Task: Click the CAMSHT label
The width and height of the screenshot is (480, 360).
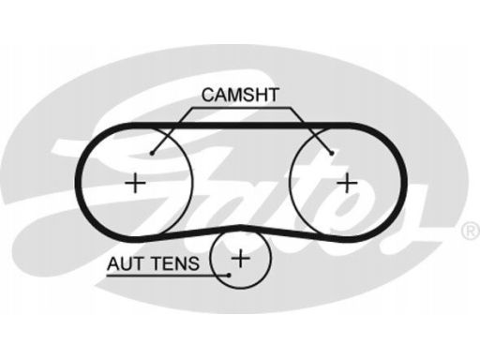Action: tap(238, 95)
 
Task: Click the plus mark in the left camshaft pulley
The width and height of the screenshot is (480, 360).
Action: tap(137, 180)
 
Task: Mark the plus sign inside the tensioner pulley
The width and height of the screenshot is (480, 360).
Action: tap(241, 256)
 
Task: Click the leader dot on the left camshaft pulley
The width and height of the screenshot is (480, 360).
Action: tap(153, 152)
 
